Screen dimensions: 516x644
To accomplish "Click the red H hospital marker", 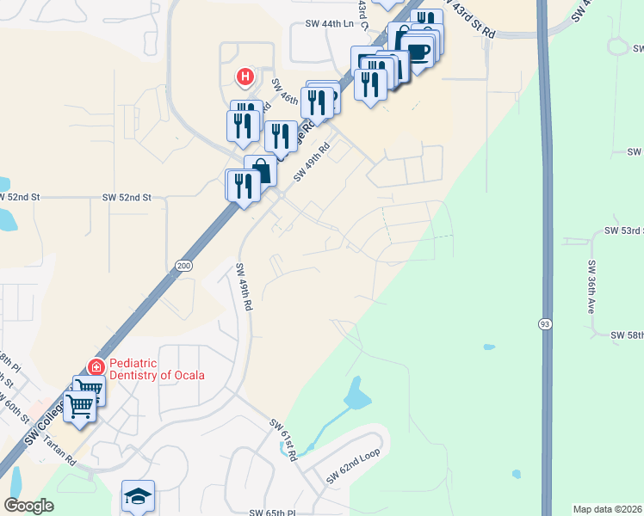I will tap(245, 77).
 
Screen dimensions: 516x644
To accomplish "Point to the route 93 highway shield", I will tap(546, 324).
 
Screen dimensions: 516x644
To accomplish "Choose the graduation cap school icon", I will tap(138, 496).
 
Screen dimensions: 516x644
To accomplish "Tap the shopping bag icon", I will tap(262, 172).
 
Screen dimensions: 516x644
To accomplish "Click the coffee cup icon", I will tap(418, 52).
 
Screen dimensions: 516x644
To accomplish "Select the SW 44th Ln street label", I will tap(323, 25).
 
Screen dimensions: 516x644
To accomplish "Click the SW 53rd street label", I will tap(624, 231).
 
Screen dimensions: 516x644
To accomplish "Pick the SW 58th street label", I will tap(628, 335).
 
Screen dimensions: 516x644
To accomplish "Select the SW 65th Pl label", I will tap(272, 513).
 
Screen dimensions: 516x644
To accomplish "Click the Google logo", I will tap(29, 506).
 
